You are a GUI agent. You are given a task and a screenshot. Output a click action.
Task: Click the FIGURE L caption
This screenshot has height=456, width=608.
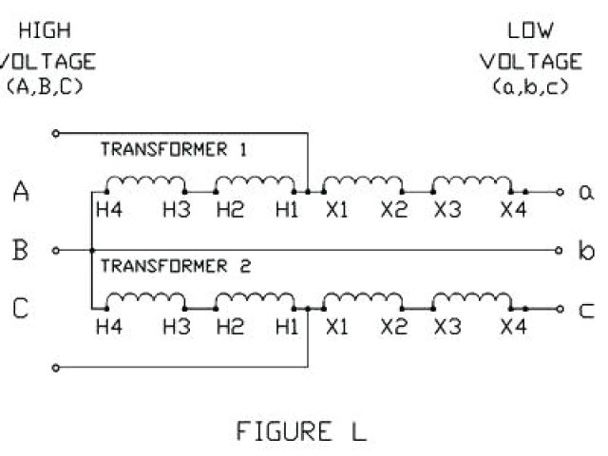coord(300,431)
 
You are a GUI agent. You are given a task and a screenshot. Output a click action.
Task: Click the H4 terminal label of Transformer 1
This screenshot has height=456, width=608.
coord(109,210)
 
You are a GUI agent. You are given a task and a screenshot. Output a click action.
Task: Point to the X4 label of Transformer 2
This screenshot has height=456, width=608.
coord(513,328)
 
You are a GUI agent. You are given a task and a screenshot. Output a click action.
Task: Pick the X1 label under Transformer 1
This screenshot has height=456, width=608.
coord(336,210)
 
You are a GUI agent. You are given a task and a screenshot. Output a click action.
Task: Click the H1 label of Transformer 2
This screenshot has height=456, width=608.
coord(285,328)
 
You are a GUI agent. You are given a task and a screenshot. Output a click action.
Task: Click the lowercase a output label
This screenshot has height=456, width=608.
coord(585,193)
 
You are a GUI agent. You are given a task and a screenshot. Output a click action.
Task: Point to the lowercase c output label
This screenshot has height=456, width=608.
coord(585,310)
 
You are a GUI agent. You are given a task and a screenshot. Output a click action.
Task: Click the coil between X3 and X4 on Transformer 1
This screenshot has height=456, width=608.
coord(471,182)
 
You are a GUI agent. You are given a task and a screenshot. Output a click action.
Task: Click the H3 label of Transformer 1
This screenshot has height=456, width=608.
coord(176,210)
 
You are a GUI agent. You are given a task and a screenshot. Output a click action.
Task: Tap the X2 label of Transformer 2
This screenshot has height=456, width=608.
coord(393,328)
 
